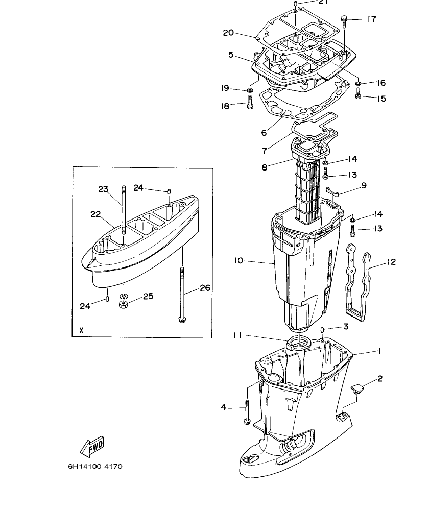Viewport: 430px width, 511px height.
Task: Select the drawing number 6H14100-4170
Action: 95,466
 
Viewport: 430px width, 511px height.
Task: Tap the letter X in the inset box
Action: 81,331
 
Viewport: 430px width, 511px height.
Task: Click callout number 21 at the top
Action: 322,2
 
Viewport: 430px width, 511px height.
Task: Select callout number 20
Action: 229,33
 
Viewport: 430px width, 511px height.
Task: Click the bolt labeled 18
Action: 250,105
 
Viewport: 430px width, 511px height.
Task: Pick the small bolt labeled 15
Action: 358,94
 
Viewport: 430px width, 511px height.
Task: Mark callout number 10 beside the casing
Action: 239,261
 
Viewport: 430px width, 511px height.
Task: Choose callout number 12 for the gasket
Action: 391,262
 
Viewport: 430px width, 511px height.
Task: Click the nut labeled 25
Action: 123,305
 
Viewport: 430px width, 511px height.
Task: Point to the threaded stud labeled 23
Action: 123,209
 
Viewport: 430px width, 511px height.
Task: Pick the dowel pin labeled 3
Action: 323,333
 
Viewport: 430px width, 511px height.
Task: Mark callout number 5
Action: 231,55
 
